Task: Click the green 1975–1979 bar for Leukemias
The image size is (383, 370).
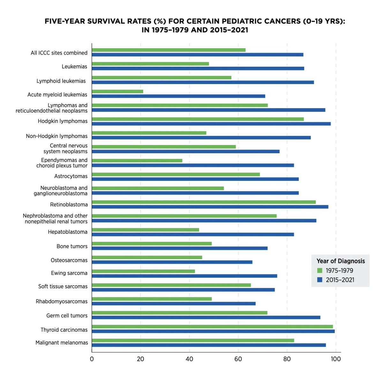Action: click(x=150, y=64)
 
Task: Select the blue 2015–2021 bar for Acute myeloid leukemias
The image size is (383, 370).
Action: click(x=178, y=96)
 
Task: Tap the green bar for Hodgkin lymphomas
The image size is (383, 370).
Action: click(x=198, y=119)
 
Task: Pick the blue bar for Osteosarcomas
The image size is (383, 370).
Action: click(x=172, y=262)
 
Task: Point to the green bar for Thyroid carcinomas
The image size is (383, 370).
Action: click(x=212, y=326)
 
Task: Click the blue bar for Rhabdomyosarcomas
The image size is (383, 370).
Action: click(x=173, y=303)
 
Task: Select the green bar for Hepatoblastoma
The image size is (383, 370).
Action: click(x=145, y=230)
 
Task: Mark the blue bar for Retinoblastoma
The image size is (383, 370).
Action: click(x=210, y=207)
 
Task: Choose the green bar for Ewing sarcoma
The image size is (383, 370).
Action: click(x=143, y=271)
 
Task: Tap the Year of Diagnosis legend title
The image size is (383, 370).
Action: click(x=341, y=261)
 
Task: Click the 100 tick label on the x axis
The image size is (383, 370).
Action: click(x=336, y=359)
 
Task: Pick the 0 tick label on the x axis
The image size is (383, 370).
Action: click(x=92, y=359)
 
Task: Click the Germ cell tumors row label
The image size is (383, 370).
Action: click(x=67, y=316)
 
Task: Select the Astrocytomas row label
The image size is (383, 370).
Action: click(x=71, y=176)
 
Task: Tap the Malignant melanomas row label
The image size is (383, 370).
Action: click(x=62, y=343)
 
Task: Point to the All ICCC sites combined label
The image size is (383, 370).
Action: click(x=59, y=53)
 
